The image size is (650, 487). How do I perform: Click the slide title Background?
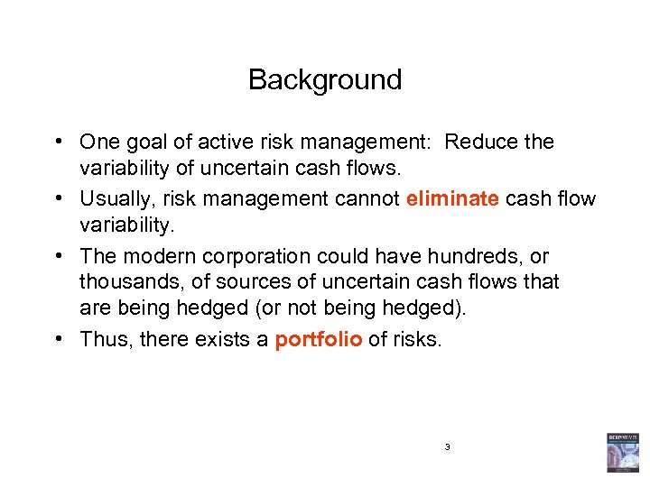[x=325, y=80]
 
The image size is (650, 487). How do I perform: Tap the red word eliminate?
[x=452, y=198]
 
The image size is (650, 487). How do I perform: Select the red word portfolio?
[x=319, y=339]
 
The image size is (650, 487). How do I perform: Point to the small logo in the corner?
[x=622, y=453]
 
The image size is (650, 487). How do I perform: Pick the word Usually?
[x=114, y=198]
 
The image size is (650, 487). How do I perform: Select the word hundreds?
[x=461, y=257]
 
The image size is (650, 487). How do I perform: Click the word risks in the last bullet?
[x=416, y=339]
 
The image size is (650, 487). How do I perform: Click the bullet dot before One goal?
[x=57, y=142]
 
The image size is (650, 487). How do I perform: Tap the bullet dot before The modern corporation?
[x=57, y=257]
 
